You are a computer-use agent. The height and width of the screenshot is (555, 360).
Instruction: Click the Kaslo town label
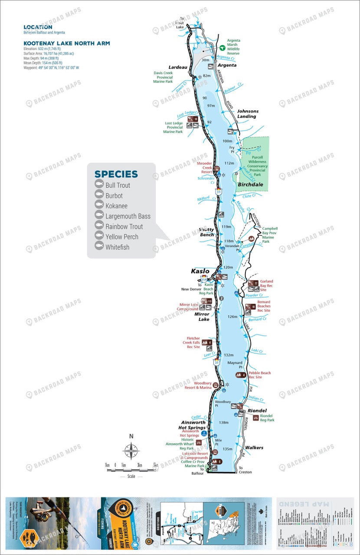point(200,271)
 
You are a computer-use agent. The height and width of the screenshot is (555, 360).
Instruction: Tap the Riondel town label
point(257,410)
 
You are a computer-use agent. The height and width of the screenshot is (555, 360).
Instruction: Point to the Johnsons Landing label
point(247,114)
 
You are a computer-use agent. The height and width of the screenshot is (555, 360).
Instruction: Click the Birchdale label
point(250,183)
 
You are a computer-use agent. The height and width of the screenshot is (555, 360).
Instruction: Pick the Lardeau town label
point(178,67)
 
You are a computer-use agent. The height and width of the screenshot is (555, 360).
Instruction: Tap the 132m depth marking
point(229,355)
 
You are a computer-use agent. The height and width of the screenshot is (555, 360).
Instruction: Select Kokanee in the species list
point(116,206)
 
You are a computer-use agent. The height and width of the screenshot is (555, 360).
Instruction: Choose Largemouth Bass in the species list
point(128,216)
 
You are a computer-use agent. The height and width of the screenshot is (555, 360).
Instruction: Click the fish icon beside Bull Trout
point(99,185)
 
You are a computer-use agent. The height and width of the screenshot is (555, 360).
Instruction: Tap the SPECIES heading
point(116,174)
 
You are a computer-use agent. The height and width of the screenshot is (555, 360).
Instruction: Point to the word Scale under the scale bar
point(131,476)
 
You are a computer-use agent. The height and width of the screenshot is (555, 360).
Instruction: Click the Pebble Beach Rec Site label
point(260,375)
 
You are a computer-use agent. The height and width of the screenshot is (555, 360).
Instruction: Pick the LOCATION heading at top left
point(38,27)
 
